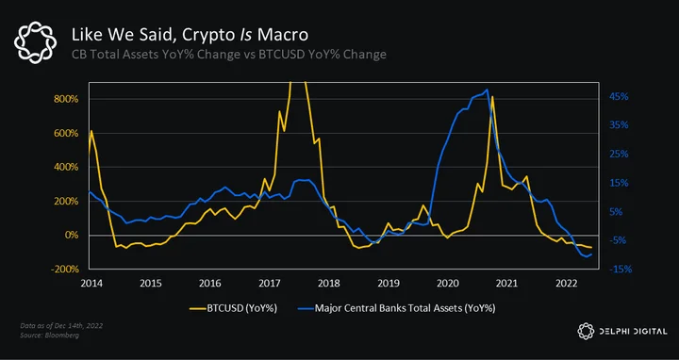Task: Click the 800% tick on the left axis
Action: click(66, 99)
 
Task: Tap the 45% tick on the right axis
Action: click(619, 96)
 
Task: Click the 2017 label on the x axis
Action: click(270, 284)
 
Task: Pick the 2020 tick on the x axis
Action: click(447, 284)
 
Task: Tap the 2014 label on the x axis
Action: click(91, 284)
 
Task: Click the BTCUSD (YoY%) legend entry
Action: click(234, 308)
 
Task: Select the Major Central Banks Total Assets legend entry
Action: click(397, 308)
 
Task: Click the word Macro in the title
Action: click(283, 35)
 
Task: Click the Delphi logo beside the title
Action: click(35, 42)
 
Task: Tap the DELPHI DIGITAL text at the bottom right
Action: click(633, 332)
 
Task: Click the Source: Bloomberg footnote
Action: click(49, 335)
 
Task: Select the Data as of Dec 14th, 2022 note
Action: click(61, 325)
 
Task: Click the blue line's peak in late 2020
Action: click(488, 90)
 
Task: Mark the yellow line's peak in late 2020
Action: click(492, 96)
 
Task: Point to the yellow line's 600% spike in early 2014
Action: click(91, 130)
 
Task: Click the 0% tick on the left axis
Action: click(71, 236)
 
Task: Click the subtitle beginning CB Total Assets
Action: click(228, 55)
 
